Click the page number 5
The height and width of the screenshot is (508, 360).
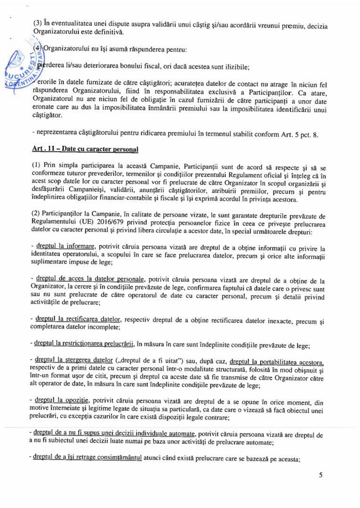click(320, 475)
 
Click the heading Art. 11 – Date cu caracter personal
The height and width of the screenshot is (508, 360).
click(85, 149)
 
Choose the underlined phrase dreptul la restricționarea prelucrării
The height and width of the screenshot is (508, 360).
click(85, 345)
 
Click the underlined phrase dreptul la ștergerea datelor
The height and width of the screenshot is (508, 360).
click(78, 360)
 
